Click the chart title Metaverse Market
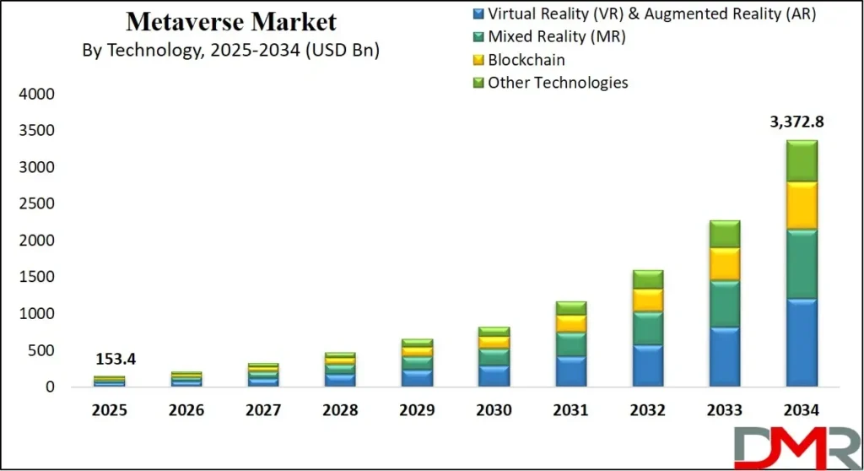[230, 21]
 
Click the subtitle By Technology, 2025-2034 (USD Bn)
[230, 51]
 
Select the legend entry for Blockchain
[526, 60]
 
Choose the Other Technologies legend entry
[558, 83]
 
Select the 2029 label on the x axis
[417, 411]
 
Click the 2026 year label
[186, 411]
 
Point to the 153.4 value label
[115, 360]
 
